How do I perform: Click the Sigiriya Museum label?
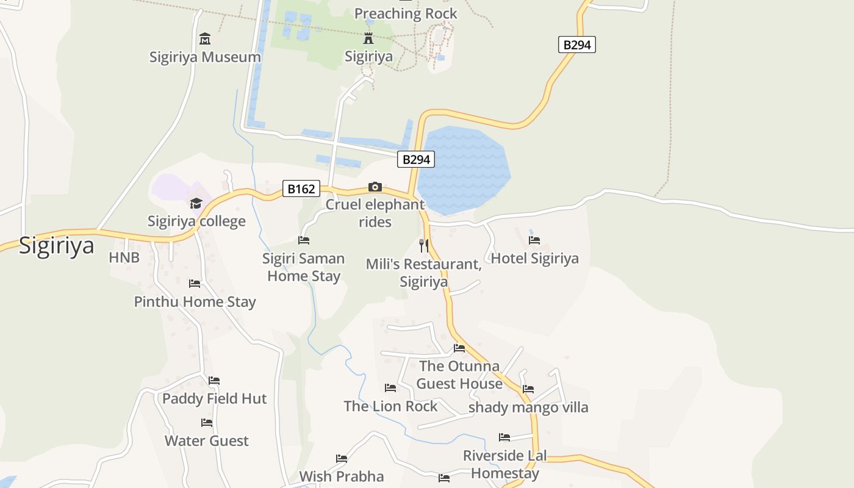(x=205, y=57)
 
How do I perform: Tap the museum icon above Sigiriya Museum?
(x=205, y=39)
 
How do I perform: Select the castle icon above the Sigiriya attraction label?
(x=368, y=38)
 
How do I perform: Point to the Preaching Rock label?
(x=406, y=13)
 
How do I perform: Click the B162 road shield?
(x=301, y=189)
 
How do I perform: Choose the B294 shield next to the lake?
(x=417, y=160)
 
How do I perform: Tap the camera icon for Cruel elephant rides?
(x=375, y=187)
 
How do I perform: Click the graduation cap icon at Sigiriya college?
(x=196, y=203)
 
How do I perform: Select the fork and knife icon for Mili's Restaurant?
(x=424, y=246)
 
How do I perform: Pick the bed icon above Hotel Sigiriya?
(x=534, y=240)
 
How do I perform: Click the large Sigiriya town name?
(x=57, y=246)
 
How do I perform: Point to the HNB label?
(x=124, y=258)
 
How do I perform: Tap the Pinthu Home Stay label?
(x=195, y=302)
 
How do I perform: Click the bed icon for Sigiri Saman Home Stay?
(x=304, y=240)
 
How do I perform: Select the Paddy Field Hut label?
(x=215, y=399)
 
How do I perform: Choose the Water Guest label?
(x=207, y=441)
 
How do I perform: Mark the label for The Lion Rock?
(x=390, y=406)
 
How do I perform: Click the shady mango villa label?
(x=528, y=407)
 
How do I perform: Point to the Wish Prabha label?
(x=342, y=476)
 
